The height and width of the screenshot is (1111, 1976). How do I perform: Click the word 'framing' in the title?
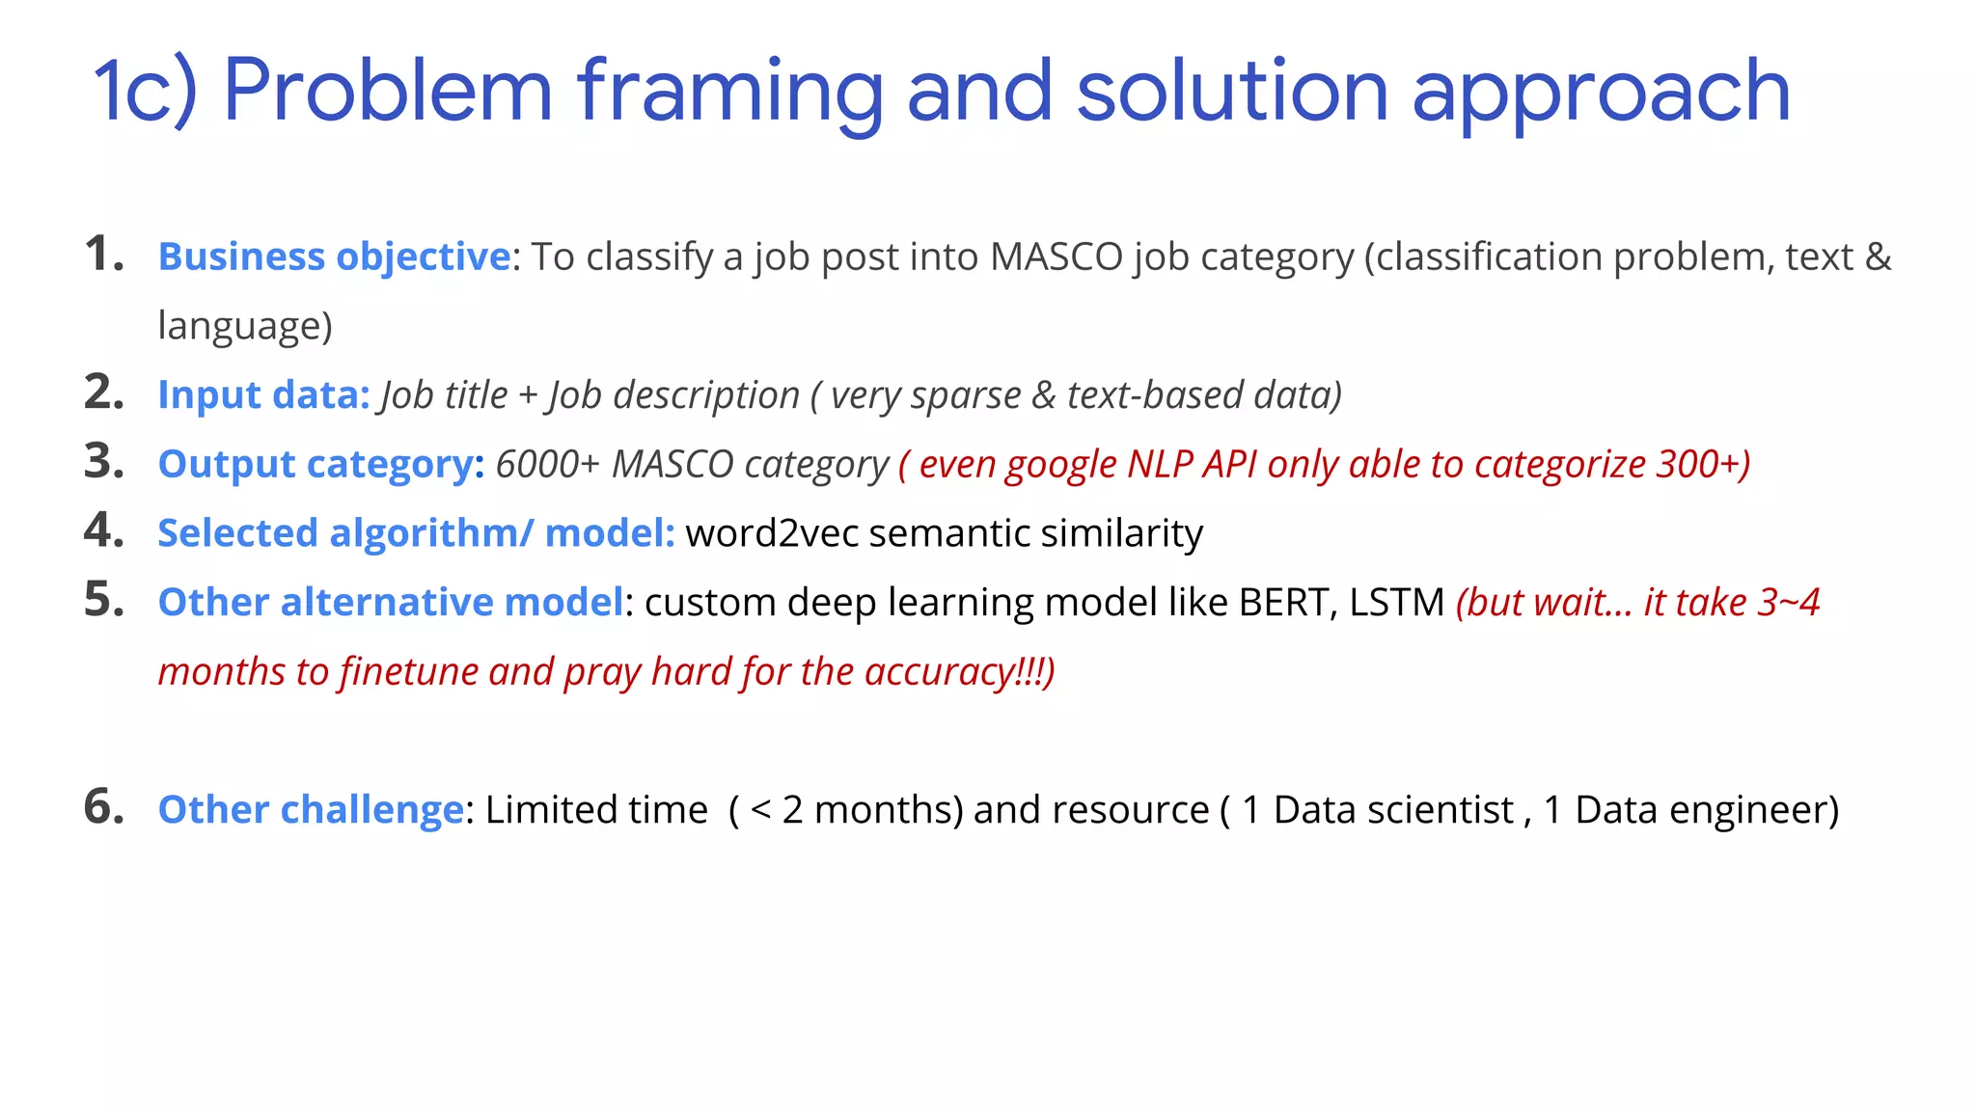pos(729,93)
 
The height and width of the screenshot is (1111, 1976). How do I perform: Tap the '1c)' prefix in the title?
pos(145,93)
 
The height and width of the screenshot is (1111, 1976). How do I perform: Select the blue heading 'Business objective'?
pos(334,257)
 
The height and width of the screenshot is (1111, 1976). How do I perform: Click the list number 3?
pos(104,462)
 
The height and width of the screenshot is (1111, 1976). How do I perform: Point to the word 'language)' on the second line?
pos(245,326)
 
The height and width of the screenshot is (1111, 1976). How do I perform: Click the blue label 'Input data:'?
pos(263,395)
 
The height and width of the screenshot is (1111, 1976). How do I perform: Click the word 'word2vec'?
pos(772,533)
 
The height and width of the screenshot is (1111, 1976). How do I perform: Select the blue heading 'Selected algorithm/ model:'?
pos(416,533)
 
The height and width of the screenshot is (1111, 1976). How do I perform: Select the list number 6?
pos(104,807)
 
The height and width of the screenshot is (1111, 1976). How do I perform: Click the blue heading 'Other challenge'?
pos(311,810)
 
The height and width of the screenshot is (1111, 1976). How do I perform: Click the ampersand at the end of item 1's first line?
pos(1878,257)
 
